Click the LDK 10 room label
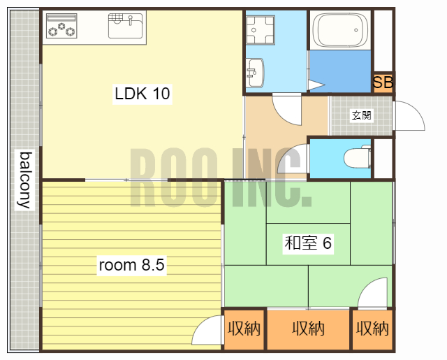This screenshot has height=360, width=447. [x=142, y=94]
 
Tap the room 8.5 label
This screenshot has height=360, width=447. [x=131, y=265]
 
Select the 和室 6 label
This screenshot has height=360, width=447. [x=308, y=243]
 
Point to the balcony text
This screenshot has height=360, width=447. [x=25, y=180]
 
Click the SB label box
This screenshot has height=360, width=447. [x=383, y=82]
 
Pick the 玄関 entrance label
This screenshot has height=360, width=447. [x=362, y=115]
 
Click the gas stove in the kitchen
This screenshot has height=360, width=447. [x=61, y=26]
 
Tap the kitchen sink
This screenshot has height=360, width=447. [x=125, y=26]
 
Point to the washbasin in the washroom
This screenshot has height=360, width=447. [x=256, y=73]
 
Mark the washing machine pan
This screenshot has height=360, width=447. [x=261, y=30]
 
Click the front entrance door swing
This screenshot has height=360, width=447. [x=409, y=116]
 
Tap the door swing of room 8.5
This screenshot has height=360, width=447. [x=207, y=330]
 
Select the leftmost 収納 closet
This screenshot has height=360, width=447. [x=244, y=329]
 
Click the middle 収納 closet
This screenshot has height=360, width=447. [x=308, y=329]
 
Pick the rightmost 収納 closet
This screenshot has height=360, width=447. [x=372, y=329]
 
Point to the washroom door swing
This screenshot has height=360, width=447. [x=287, y=109]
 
